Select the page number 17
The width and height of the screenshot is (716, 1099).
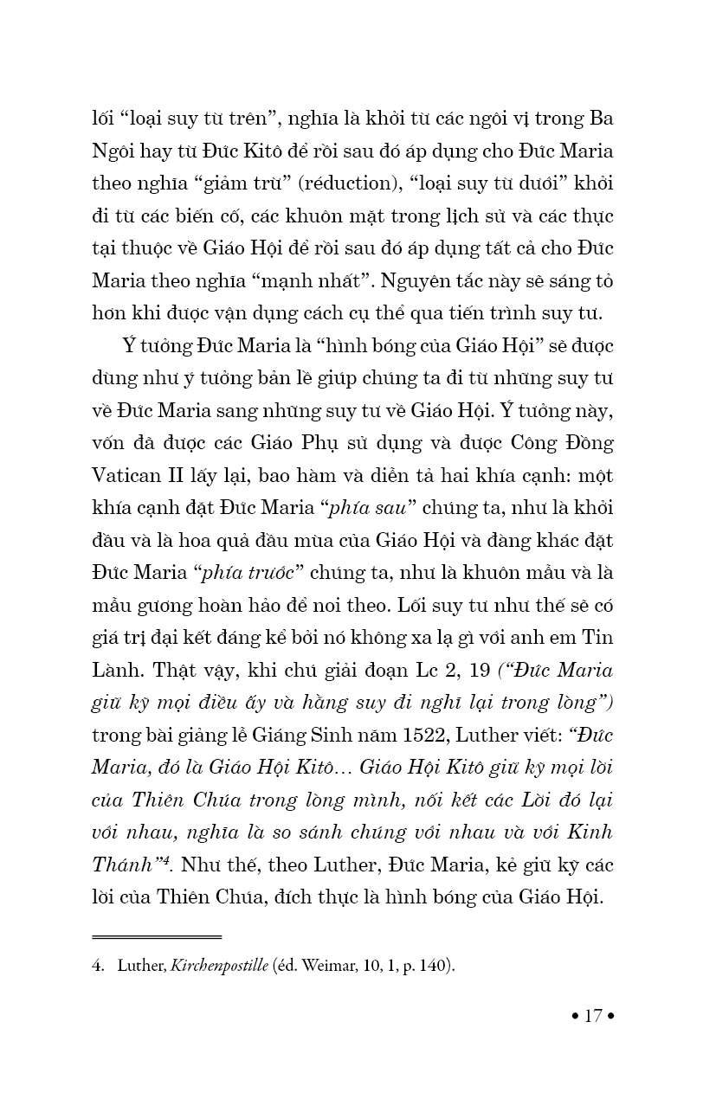(x=593, y=1015)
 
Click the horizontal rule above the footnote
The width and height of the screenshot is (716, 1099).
(x=157, y=936)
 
